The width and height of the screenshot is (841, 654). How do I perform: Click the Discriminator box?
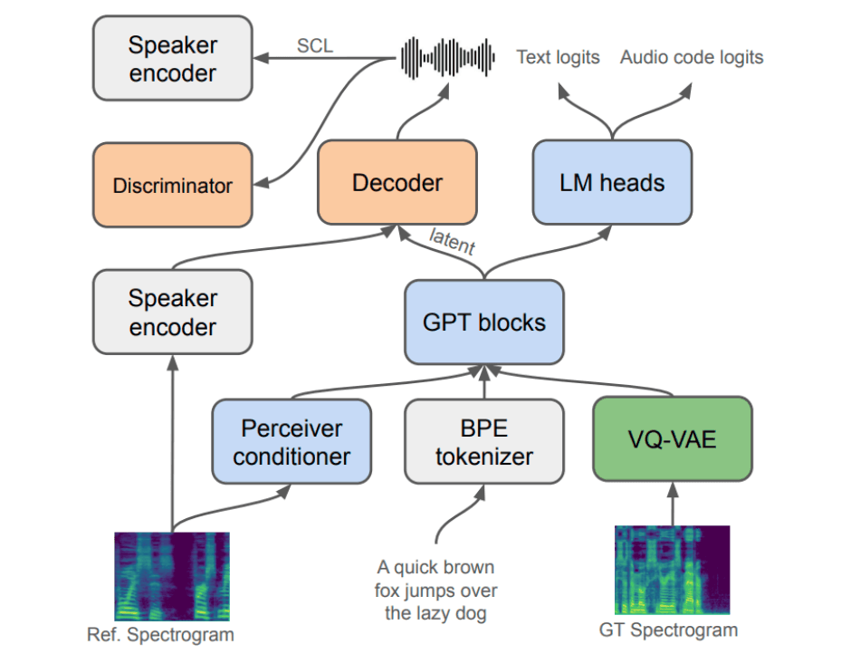(x=172, y=186)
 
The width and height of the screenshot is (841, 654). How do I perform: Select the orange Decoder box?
(x=397, y=182)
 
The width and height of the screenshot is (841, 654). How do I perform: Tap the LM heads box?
(x=612, y=182)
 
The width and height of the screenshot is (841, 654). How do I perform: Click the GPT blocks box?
(x=484, y=322)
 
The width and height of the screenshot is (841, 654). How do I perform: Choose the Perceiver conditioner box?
(x=291, y=441)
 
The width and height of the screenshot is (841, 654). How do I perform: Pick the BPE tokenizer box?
(x=483, y=441)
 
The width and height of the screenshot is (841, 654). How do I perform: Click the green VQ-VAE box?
(x=672, y=441)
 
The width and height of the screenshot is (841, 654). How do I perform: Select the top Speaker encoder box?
(x=172, y=58)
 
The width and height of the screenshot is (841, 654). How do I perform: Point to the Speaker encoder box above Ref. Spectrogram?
(x=172, y=313)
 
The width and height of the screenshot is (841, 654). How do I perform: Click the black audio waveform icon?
(x=447, y=56)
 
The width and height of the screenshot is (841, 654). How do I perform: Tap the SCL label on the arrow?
(x=315, y=44)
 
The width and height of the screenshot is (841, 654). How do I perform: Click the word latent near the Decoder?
(x=452, y=243)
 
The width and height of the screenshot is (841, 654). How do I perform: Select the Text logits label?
(x=558, y=57)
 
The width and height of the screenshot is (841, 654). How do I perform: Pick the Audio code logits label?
(x=692, y=57)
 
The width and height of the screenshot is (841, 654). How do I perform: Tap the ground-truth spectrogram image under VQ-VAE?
(x=672, y=570)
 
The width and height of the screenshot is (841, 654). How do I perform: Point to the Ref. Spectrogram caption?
(x=160, y=634)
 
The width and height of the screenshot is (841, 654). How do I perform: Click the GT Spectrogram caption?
(x=668, y=630)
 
